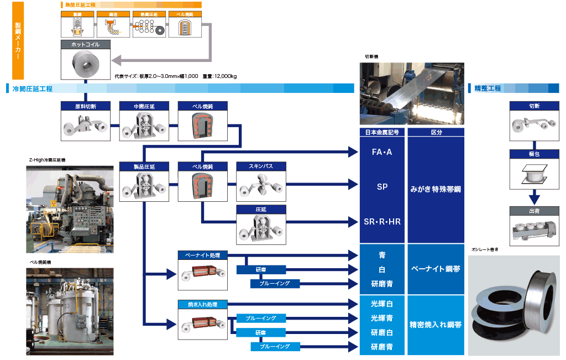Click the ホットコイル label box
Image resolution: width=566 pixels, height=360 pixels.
(86, 44)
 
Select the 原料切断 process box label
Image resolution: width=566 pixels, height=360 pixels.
(85, 105)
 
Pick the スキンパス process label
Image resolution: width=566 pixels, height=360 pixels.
(261, 166)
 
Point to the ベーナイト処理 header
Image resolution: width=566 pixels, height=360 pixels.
(203, 255)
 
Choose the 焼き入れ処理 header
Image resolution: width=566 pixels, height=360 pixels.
(203, 304)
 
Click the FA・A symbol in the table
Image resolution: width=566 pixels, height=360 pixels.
(382, 152)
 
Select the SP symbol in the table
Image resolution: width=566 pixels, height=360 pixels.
(382, 187)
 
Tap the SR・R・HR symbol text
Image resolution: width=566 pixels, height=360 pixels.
(382, 222)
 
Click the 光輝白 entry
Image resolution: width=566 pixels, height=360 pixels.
(382, 304)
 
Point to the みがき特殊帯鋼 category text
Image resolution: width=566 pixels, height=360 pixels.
(436, 189)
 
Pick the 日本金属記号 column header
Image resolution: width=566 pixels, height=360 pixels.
(382, 132)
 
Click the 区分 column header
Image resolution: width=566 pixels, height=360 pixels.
(436, 132)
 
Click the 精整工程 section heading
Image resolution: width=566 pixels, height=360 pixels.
(488, 88)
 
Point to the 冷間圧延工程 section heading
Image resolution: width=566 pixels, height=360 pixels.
(32, 88)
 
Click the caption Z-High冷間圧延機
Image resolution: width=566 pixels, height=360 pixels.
(47, 160)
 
